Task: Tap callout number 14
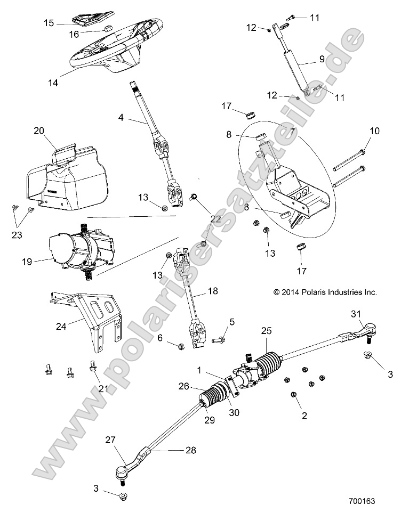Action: (52, 83)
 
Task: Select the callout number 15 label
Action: (49, 23)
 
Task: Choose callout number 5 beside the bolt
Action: (231, 322)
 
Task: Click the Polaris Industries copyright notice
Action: (325, 292)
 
